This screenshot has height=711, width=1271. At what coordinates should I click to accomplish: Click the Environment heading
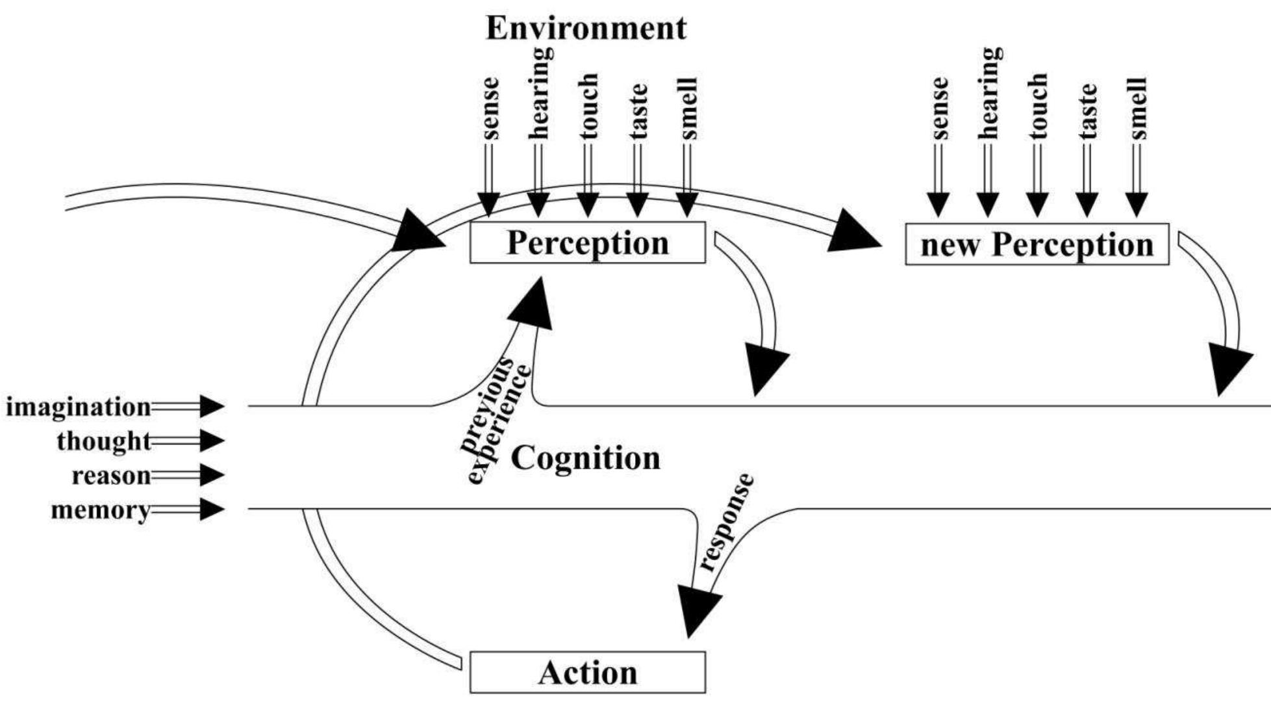click(586, 29)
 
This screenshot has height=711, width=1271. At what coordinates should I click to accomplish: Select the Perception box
click(588, 242)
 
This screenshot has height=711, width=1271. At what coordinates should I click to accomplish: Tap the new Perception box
click(1037, 244)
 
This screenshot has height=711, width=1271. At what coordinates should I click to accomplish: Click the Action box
click(588, 673)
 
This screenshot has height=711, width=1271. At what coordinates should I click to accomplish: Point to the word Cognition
click(586, 458)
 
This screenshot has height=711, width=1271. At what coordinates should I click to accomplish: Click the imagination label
click(79, 407)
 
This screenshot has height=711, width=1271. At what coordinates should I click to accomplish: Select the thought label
click(104, 441)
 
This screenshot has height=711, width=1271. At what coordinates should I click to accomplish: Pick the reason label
click(111, 476)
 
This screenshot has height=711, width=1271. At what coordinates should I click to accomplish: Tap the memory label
click(101, 510)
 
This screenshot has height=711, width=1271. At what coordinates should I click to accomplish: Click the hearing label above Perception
click(539, 92)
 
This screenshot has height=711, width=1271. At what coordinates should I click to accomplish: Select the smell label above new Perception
click(1138, 109)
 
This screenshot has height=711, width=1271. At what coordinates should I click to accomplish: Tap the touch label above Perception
click(588, 106)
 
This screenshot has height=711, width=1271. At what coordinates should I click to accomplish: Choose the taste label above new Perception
click(1088, 110)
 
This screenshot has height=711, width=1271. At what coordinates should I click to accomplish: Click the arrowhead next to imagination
click(212, 407)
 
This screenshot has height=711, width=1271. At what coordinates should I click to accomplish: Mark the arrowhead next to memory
click(212, 510)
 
